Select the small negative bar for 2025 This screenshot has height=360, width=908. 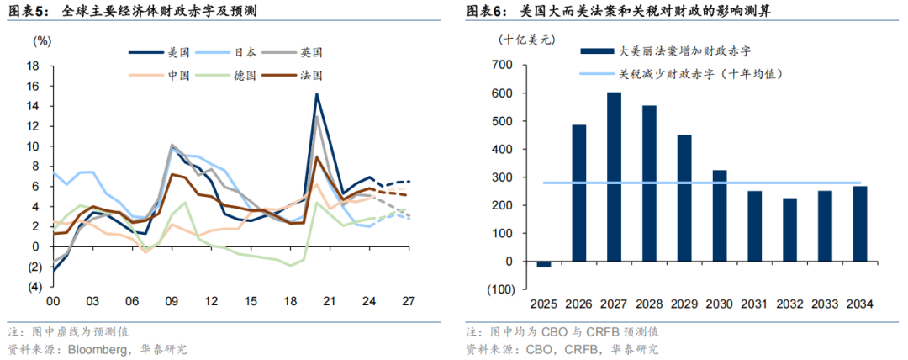pyautogui.click(x=544, y=264)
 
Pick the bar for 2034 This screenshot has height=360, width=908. pyautogui.click(x=860, y=223)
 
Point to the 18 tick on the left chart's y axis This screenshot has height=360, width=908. pyautogui.click(x=34, y=66)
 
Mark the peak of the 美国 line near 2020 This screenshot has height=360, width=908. pyautogui.click(x=316, y=94)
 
